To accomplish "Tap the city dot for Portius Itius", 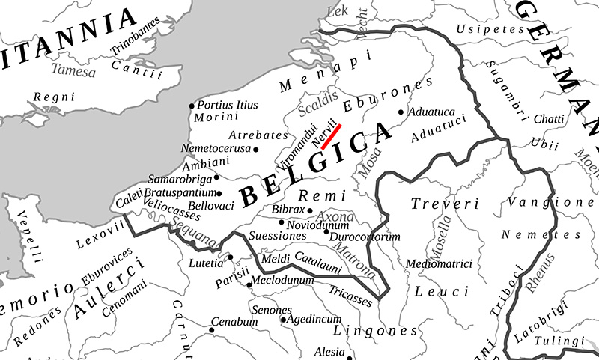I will tap(192, 106).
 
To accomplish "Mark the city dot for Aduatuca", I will tap(401, 112).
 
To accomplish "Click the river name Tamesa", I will tap(73, 72).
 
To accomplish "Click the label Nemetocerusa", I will tap(216, 148).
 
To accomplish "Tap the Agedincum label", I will tap(314, 320).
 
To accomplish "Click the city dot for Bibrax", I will tap(310, 210).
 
